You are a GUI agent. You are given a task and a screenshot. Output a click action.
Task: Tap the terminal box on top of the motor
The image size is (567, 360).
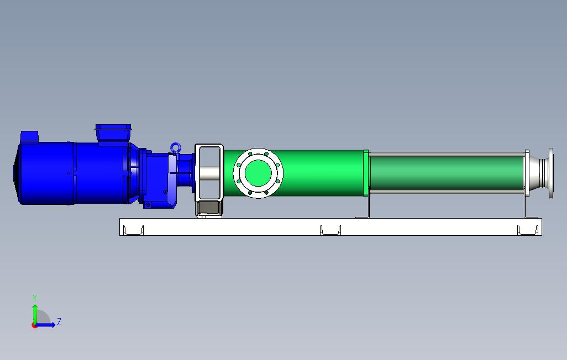(113, 133)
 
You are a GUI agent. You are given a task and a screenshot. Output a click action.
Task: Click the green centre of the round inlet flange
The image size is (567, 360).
(258, 173)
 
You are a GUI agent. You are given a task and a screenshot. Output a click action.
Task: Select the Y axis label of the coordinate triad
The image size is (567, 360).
(35, 298)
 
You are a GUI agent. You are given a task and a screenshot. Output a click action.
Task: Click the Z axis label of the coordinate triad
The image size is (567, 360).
(59, 321)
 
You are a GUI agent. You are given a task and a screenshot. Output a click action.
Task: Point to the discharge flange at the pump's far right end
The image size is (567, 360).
(551, 173)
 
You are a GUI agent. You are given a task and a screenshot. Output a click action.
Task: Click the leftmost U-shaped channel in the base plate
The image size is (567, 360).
(133, 230)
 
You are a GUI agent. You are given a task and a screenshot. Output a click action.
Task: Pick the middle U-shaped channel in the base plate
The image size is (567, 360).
(330, 230)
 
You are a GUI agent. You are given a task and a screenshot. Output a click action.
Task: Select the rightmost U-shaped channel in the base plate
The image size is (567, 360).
(528, 230)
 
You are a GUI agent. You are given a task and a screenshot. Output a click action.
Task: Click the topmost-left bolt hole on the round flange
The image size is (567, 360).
(250, 154)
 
